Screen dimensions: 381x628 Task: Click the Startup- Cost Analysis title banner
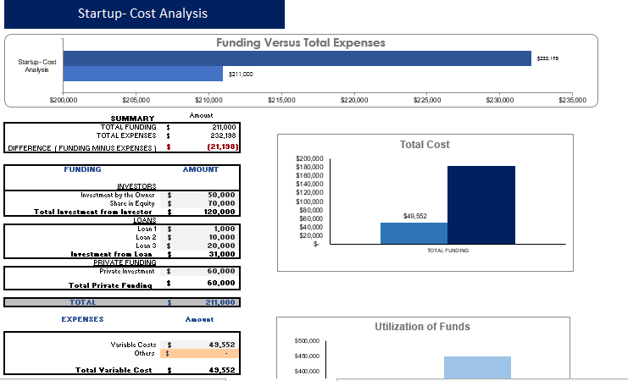(x=142, y=14)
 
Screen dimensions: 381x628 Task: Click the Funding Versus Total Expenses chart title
(x=300, y=42)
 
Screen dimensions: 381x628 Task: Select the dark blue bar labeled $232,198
(x=297, y=58)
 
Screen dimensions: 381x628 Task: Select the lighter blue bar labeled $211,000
(x=142, y=74)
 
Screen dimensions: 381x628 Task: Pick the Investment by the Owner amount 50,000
(x=222, y=195)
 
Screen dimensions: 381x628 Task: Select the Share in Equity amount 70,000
(x=222, y=203)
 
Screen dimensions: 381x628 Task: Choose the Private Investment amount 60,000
(x=222, y=271)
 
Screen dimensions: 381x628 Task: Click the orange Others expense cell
(x=203, y=353)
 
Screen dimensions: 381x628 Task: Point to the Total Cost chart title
(x=425, y=145)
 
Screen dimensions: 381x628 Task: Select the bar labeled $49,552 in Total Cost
(x=414, y=234)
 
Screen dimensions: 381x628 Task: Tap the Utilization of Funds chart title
(x=422, y=327)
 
